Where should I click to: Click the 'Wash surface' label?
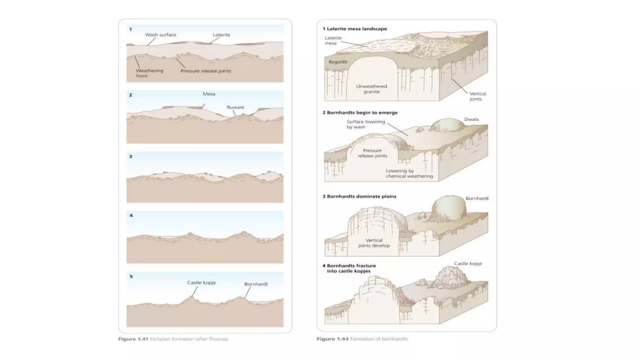(160, 35)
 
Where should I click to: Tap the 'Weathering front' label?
(149, 73)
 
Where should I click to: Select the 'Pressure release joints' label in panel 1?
(206, 71)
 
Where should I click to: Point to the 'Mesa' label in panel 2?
(209, 94)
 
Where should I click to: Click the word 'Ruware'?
(235, 107)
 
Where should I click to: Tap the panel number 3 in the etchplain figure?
(131, 156)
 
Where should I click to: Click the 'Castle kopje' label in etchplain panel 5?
(201, 282)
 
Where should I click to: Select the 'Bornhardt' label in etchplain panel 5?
(256, 284)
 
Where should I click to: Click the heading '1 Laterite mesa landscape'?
(355, 29)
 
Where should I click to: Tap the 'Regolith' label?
(338, 62)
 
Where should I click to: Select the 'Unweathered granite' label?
(371, 89)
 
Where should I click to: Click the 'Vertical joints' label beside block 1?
(477, 96)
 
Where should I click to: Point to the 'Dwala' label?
(471, 119)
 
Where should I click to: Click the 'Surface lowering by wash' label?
(365, 124)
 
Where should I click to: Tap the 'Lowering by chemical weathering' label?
(409, 173)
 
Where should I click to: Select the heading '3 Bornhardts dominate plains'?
(359, 196)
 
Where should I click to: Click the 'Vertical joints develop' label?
(374, 243)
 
